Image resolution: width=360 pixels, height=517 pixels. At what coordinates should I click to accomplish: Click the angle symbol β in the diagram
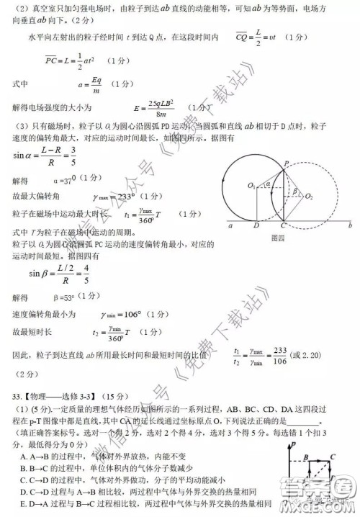coord(294,191)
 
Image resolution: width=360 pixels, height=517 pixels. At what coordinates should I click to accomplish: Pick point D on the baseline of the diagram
coord(256,225)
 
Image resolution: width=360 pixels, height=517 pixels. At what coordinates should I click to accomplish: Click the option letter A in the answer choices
coord(24,457)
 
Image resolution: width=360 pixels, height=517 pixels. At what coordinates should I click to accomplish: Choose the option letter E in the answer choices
coord(24,503)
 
